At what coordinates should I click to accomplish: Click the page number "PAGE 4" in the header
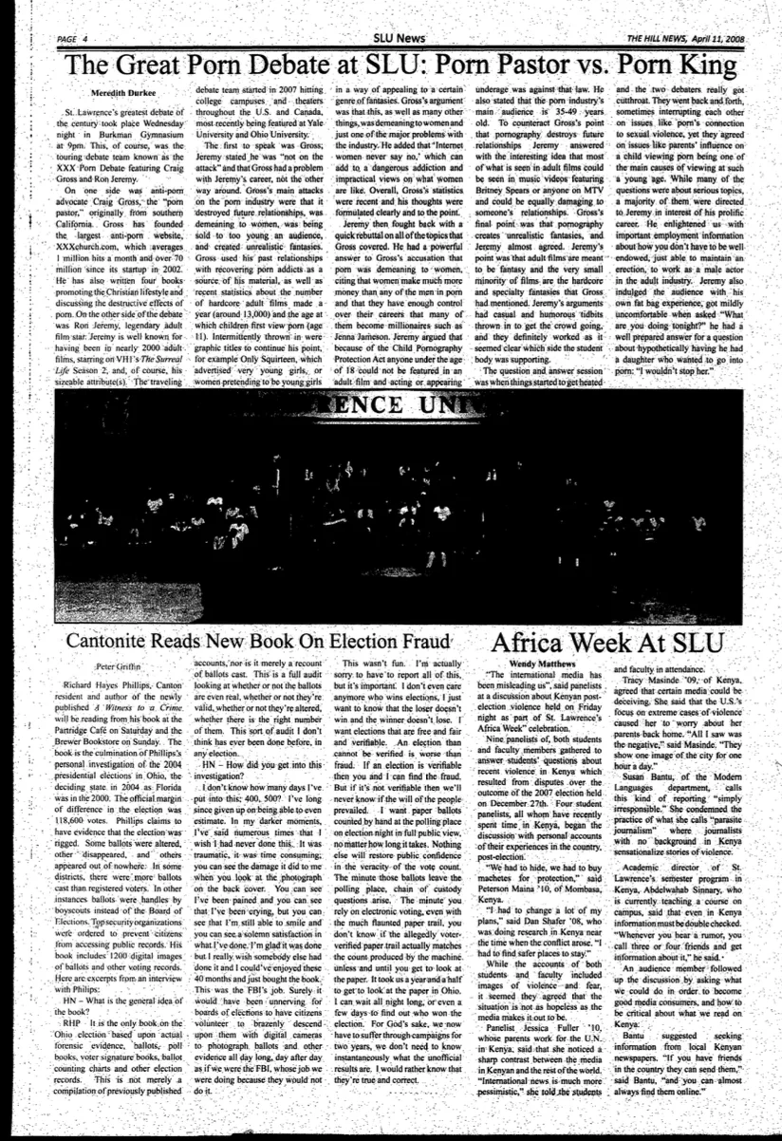[x=72, y=38]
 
